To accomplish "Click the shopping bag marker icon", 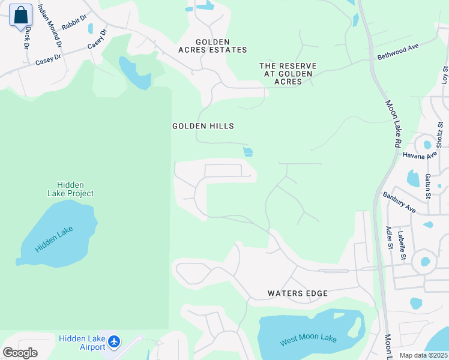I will point(20,16).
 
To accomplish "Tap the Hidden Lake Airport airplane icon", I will point(114,343).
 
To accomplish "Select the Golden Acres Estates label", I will point(212,50).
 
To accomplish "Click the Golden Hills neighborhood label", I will point(203,126).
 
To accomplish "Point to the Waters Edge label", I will point(298,293).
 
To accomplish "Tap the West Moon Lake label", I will point(308,339).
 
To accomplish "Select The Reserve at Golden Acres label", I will point(288,73).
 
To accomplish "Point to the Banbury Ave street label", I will point(399,202).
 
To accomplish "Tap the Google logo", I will point(20,352).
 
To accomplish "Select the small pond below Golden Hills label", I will point(248,152).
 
